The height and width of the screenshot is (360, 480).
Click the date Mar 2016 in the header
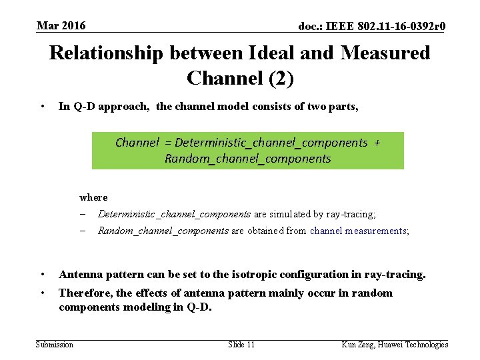pos(61,26)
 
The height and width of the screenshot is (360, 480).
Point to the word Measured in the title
pos(385,53)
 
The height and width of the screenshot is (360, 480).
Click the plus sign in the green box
pos(378,142)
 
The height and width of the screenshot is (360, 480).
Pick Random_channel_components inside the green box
pos(247,159)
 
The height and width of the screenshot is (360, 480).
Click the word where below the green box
pos(93,197)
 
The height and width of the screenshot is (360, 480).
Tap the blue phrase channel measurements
pos(359,231)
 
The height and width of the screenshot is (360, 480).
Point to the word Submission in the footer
pos(54,344)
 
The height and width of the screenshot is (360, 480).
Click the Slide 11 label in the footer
pos(241,344)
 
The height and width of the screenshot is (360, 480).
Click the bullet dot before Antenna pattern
pos(43,274)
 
